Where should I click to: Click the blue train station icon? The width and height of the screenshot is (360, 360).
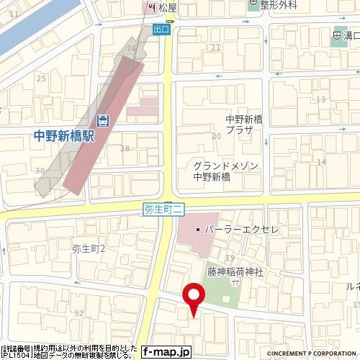104,120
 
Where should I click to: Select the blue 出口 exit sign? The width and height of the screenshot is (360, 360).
161,30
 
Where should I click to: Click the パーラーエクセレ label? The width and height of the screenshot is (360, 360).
242,229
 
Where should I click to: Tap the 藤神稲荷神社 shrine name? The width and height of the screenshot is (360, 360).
235,272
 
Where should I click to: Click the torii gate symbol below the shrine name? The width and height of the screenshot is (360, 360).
233,285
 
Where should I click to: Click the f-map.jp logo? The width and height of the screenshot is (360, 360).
166,352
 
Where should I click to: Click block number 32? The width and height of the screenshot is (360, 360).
78,313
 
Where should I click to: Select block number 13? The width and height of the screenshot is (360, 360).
320,99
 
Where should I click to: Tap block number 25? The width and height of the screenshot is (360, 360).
41,78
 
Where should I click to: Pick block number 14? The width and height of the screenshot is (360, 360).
321,161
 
